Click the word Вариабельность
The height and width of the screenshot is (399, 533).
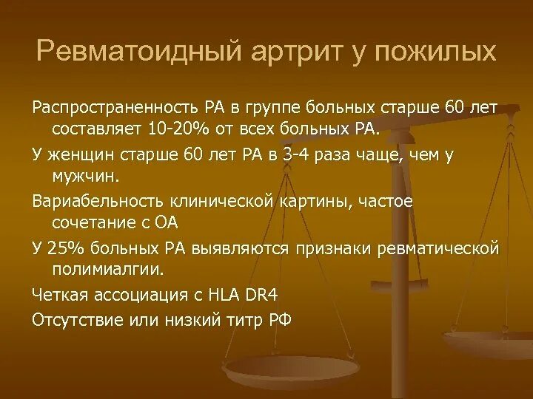[90, 200]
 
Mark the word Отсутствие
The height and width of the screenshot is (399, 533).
[73, 318]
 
